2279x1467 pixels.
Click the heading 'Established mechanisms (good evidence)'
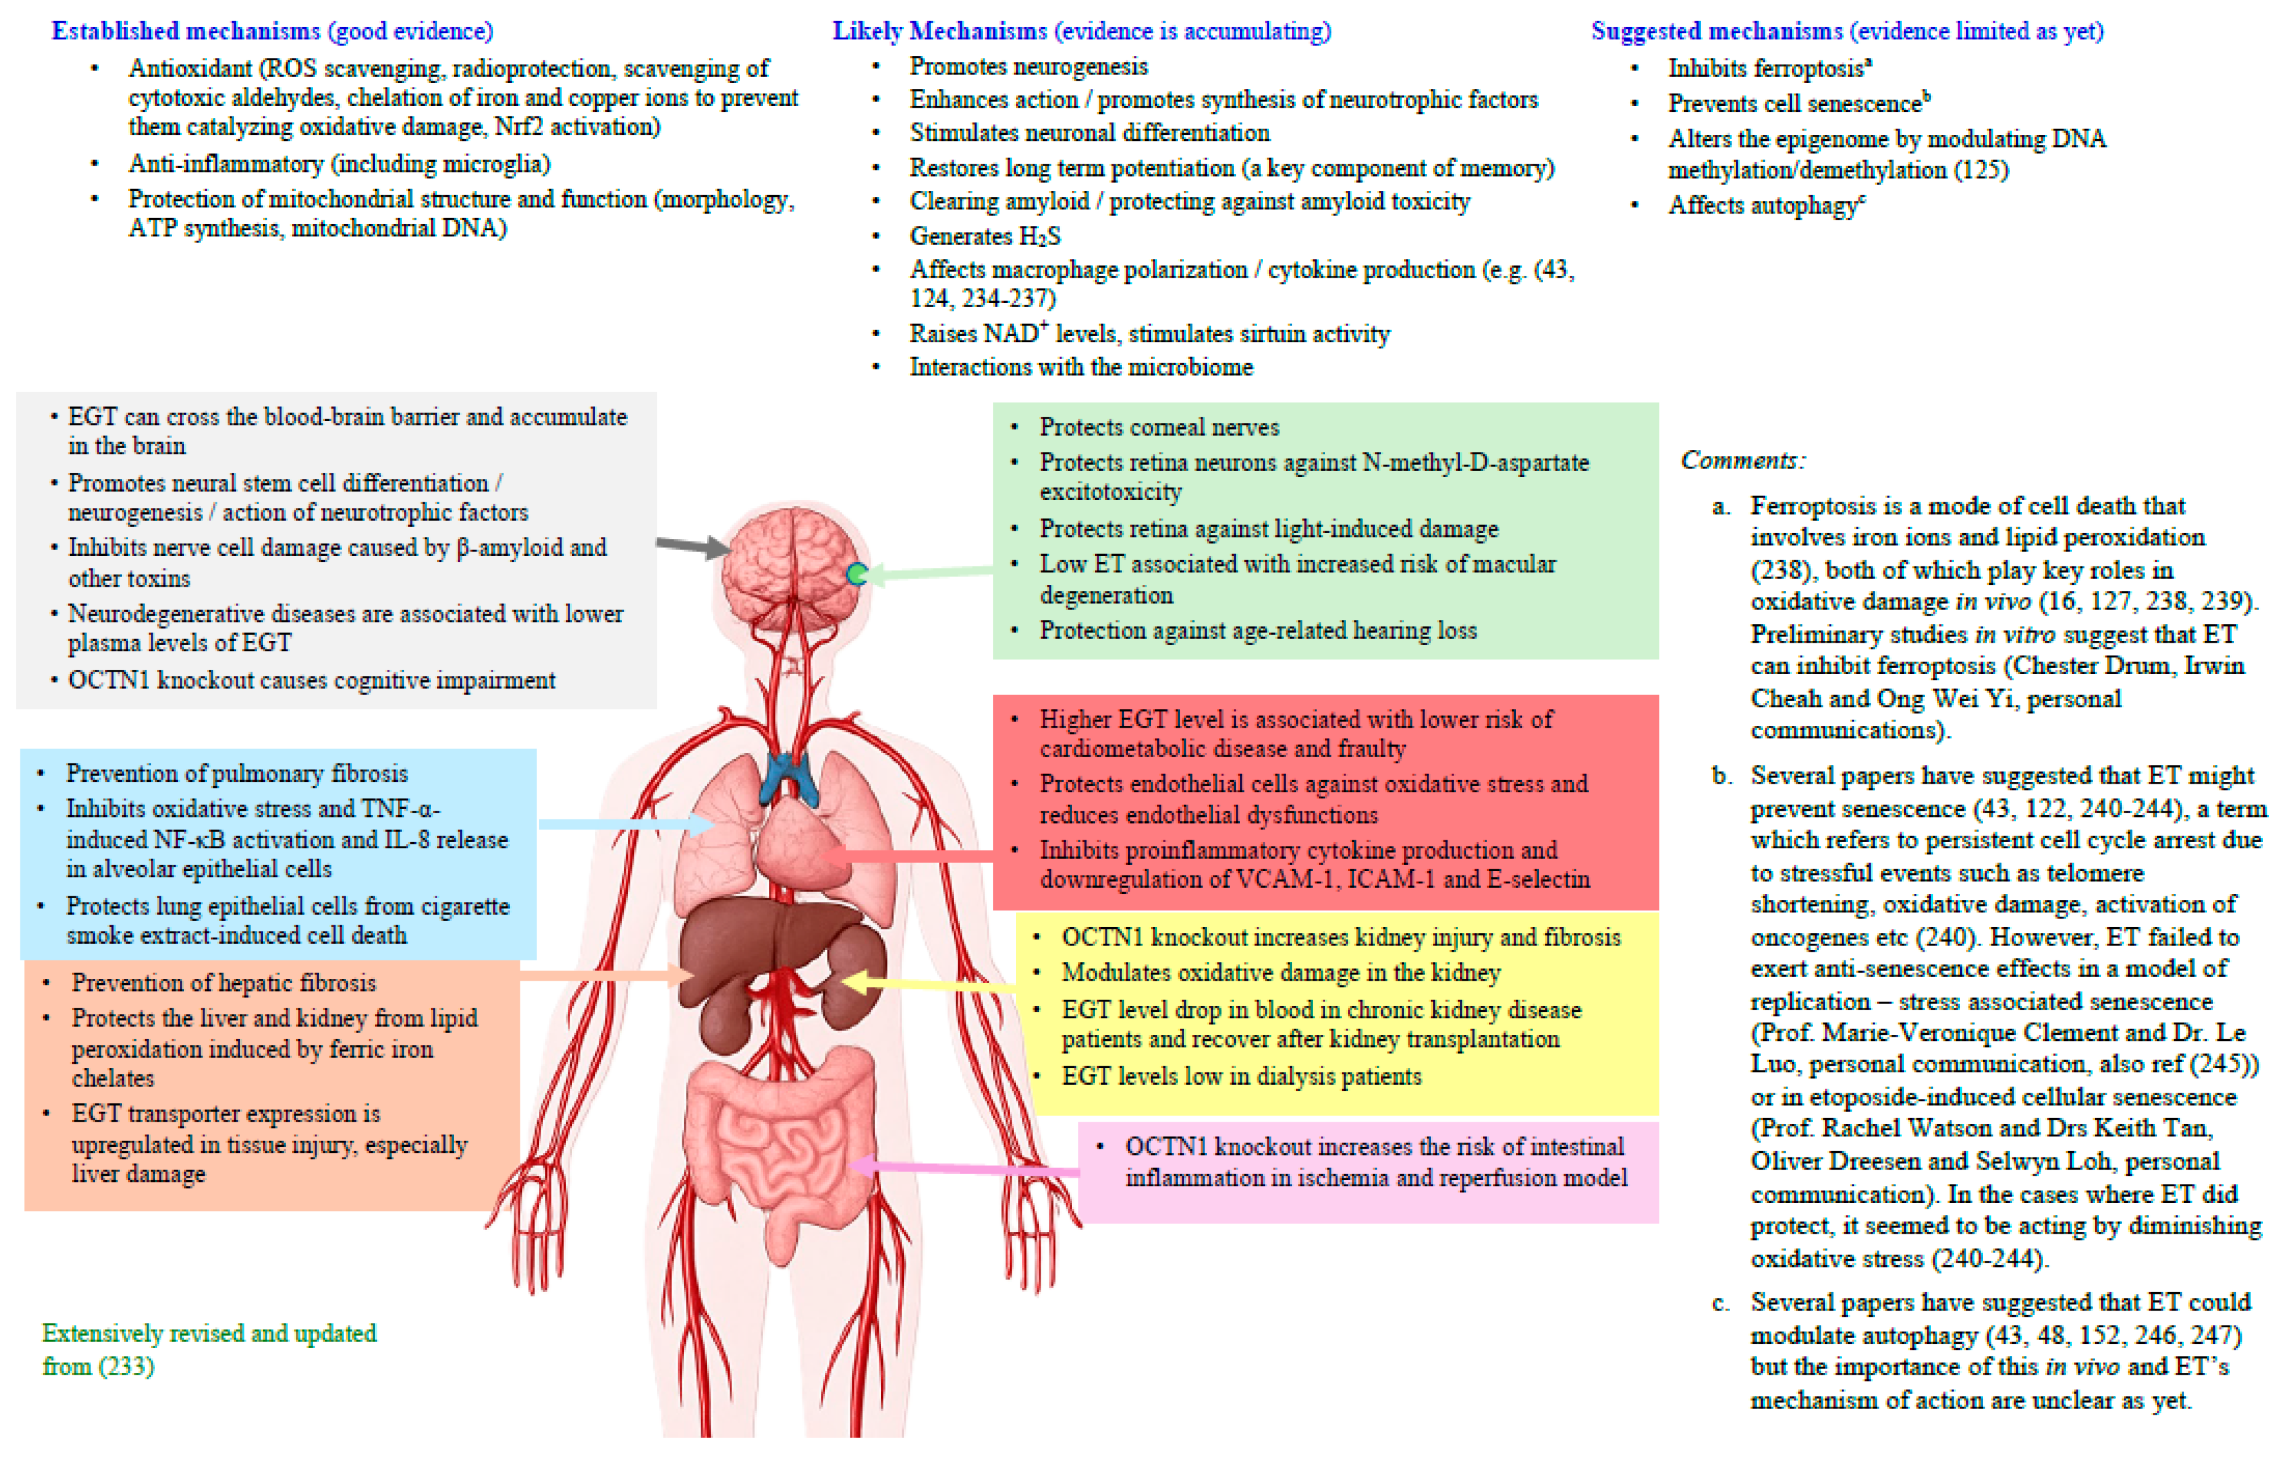[x=273, y=31]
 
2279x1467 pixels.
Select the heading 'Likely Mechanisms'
[x=940, y=31]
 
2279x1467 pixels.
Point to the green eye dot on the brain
[x=857, y=574]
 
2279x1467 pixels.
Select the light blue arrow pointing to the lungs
[x=626, y=824]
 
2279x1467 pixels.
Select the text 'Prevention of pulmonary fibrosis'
[x=236, y=773]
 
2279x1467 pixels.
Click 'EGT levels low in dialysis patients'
[x=1241, y=1077]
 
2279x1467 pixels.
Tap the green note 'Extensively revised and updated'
[x=209, y=1333]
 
